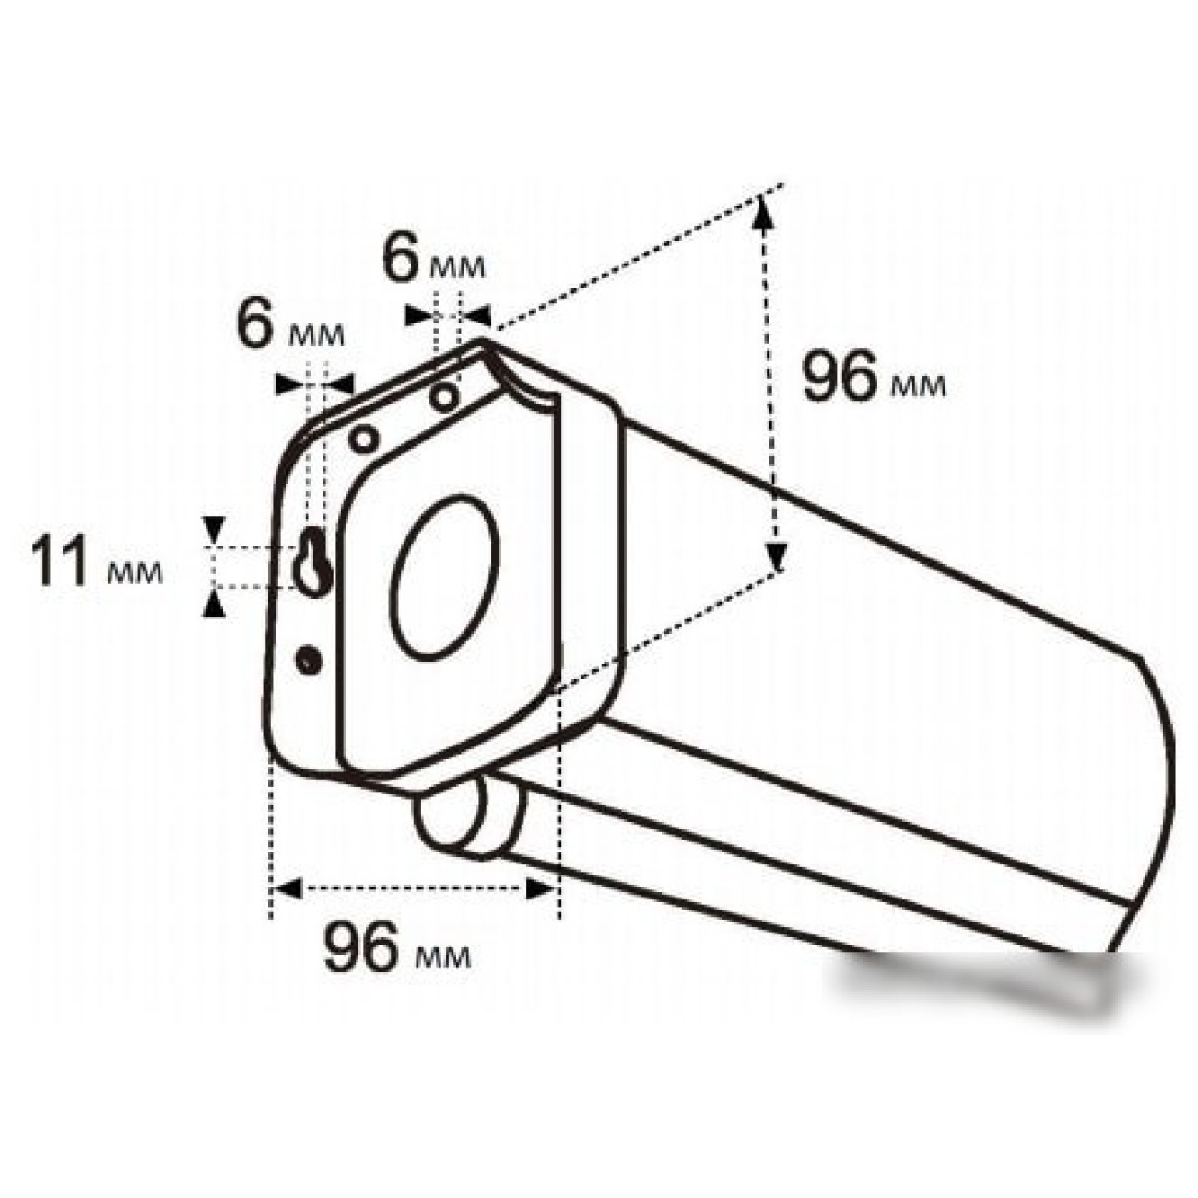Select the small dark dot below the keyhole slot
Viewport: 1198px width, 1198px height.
pyautogui.click(x=309, y=659)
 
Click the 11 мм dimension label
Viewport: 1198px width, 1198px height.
pyautogui.click(x=97, y=563)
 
